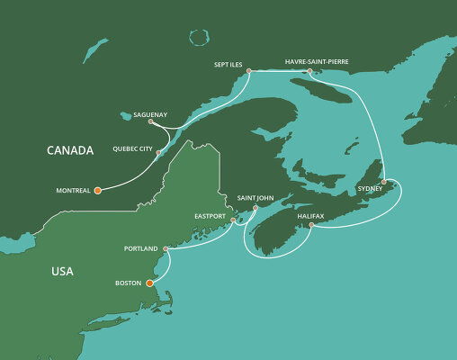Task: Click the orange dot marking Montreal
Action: coord(97,191)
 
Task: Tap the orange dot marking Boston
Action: coord(149,284)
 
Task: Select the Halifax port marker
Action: coord(311,225)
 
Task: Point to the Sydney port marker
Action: coord(384,183)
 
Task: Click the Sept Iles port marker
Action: coord(247,72)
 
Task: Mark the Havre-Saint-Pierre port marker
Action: coord(309,71)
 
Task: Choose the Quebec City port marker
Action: coord(158,153)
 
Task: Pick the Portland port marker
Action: coord(166,248)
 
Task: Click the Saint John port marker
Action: coord(255,208)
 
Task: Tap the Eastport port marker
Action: coord(233,220)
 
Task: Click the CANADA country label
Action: coord(70,150)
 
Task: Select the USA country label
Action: coord(63,271)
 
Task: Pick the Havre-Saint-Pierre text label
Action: coord(316,61)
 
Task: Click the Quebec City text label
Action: coord(133,148)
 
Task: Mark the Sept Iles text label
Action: coord(232,64)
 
